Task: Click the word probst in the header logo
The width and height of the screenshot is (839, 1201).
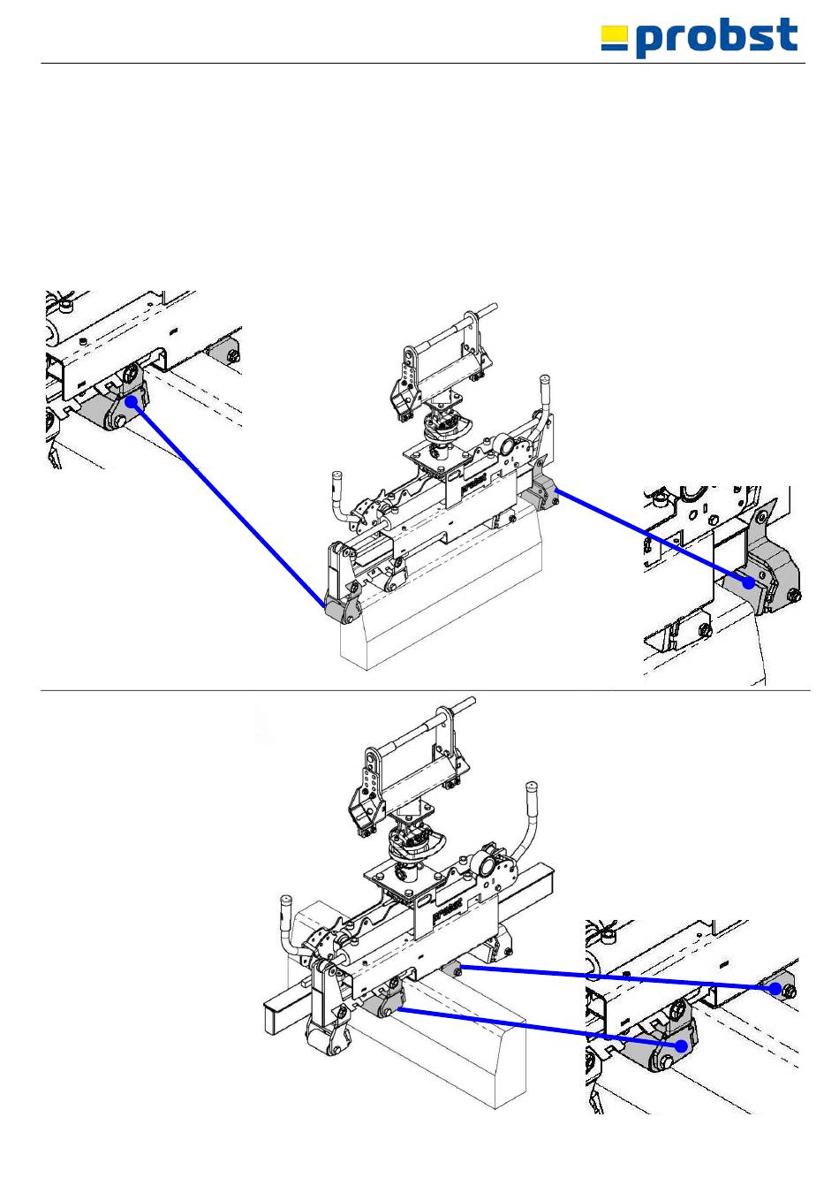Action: coord(716,39)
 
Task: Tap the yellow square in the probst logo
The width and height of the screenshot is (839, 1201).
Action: coord(614,35)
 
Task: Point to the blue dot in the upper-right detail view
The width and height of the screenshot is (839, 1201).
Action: coord(750,582)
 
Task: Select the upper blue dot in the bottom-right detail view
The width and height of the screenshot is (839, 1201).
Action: coord(775,988)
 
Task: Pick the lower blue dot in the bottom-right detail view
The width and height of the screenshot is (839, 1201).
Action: coord(681,1045)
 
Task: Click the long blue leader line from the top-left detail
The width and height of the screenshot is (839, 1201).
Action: coord(228,504)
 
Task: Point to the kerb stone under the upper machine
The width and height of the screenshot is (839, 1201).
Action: coord(442,610)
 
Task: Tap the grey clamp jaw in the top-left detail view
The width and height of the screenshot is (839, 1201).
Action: coord(106,411)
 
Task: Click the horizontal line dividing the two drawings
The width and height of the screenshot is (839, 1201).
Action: coord(424,690)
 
